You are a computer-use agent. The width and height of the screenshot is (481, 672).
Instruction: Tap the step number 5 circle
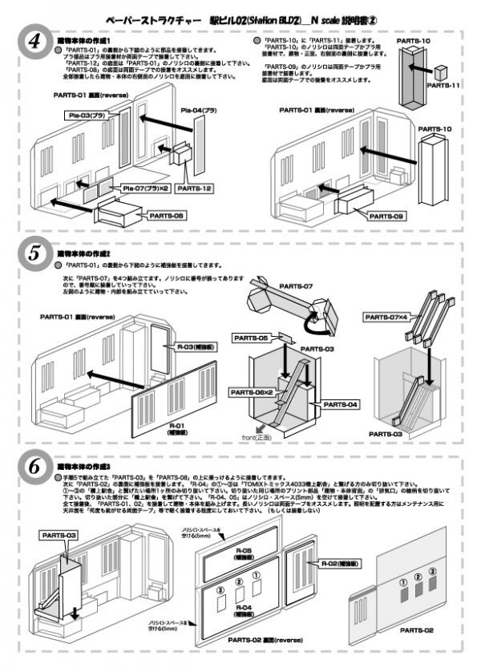tap(33, 254)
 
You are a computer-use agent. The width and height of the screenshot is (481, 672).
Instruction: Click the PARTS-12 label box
tap(192, 188)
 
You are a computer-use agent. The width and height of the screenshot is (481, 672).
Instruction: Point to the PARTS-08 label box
tap(167, 215)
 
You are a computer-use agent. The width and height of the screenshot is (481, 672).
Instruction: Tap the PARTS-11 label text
tap(446, 87)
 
